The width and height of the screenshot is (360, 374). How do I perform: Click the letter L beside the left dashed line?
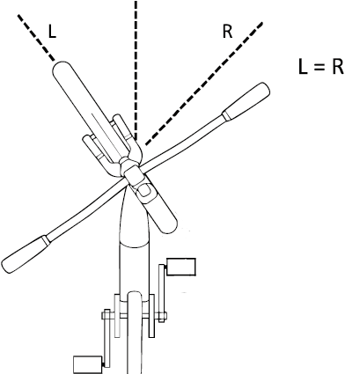tap(52, 31)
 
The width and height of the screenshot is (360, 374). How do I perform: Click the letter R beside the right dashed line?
tap(227, 32)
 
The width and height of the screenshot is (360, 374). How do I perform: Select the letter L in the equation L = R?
tap(303, 67)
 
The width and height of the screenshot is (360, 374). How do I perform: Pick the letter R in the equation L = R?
tap(337, 67)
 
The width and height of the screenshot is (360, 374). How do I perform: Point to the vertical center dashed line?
tap(136, 70)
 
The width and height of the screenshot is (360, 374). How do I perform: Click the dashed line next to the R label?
tap(204, 84)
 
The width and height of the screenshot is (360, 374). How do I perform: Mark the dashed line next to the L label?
tap(36, 38)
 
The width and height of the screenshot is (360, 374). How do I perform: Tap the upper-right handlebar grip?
tap(246, 101)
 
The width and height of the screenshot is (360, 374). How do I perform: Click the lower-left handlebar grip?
tap(25, 254)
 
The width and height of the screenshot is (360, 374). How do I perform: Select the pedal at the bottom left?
tap(88, 363)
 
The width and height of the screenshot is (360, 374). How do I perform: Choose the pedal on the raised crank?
tap(180, 267)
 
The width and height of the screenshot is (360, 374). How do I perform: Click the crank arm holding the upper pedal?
tap(161, 293)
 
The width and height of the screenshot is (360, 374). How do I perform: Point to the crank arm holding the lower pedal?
tap(107, 338)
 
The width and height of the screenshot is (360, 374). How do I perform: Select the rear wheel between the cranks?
tap(135, 333)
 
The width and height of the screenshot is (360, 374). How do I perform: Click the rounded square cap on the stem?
tap(144, 191)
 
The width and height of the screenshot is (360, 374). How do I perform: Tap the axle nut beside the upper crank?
tap(161, 316)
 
